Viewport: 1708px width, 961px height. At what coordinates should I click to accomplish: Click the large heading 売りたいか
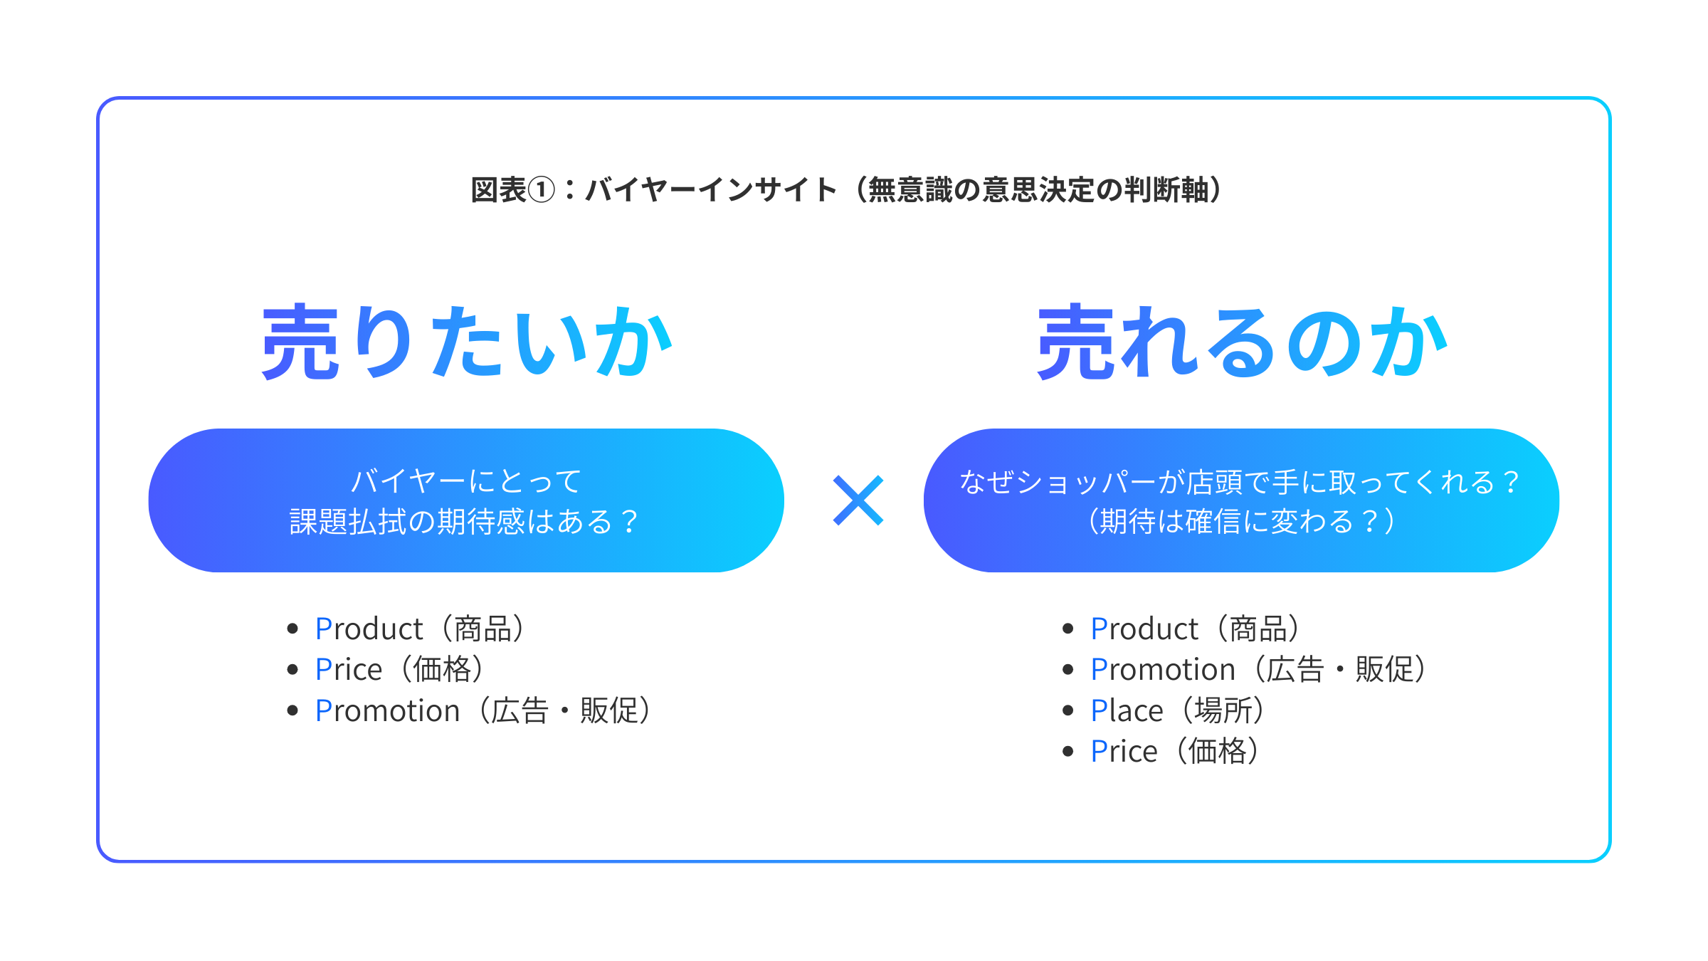[467, 342]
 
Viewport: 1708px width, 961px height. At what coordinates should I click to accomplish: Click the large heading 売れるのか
[1243, 342]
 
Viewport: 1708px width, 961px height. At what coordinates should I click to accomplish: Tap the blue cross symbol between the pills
[858, 500]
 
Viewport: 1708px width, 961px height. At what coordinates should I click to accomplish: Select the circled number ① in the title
[541, 190]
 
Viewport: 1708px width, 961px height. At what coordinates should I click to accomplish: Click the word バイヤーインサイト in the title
[711, 190]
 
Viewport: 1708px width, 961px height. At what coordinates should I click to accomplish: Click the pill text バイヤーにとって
[466, 481]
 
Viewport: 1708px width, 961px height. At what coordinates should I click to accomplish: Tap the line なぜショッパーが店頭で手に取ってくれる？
[1240, 482]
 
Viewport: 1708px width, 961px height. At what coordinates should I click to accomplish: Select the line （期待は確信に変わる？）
[1240, 521]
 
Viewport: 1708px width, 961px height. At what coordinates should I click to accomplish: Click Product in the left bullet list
[369, 629]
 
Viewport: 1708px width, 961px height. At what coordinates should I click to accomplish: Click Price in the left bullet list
[349, 670]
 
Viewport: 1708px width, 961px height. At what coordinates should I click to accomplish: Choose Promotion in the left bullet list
[387, 711]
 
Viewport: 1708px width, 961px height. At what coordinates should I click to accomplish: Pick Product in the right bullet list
[1144, 629]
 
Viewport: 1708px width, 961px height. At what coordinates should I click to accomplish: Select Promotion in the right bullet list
[1163, 670]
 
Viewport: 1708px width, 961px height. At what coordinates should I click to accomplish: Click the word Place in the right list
[1127, 711]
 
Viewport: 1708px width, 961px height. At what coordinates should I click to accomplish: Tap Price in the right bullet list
[1124, 752]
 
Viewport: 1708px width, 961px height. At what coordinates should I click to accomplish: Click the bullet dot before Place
[1067, 710]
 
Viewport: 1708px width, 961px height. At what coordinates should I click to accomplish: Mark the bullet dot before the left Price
[292, 670]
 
